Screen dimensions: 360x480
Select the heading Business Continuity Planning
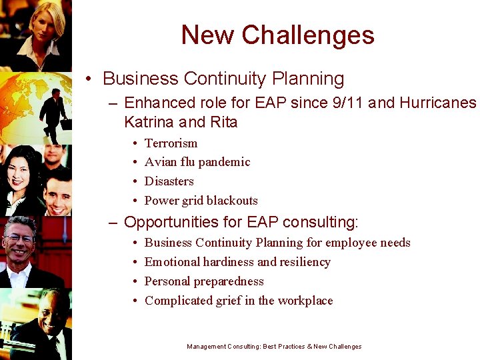coord(223,79)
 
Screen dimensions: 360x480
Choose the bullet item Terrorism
coord(171,143)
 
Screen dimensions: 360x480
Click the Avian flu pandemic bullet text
coord(197,162)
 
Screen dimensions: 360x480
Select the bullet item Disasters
coord(169,181)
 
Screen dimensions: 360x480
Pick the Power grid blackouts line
coord(201,201)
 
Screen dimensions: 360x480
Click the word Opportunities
coord(175,222)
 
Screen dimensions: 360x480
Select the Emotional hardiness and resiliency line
coord(237,262)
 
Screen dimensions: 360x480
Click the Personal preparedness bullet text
coord(204,281)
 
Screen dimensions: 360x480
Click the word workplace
coord(307,301)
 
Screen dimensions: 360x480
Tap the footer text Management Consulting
coord(223,347)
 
